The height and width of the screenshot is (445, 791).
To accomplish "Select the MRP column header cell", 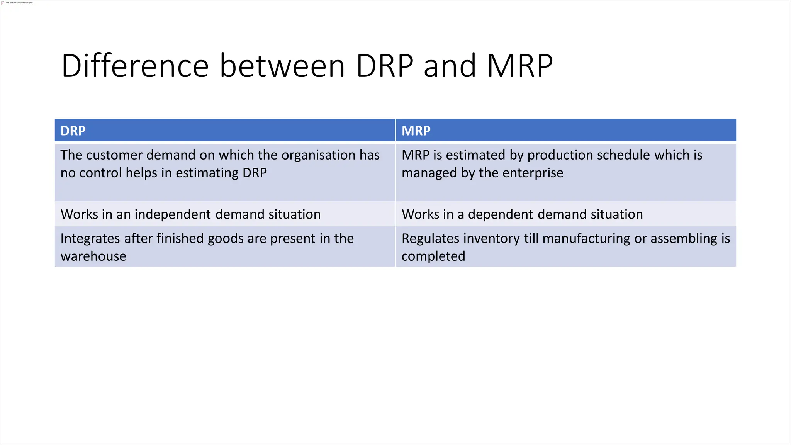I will [x=566, y=131].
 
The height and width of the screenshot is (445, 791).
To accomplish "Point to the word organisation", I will [x=318, y=155].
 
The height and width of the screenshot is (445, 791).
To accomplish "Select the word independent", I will [x=173, y=214].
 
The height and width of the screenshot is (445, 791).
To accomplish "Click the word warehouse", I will [x=93, y=256].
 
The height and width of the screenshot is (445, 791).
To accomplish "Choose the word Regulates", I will [x=432, y=238].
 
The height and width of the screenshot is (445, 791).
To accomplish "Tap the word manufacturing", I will [x=586, y=238].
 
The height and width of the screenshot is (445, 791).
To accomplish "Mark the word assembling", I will [x=684, y=238].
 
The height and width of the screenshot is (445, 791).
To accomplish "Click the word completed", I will [x=433, y=256].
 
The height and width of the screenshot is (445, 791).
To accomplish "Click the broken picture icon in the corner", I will [x=3, y=3].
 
